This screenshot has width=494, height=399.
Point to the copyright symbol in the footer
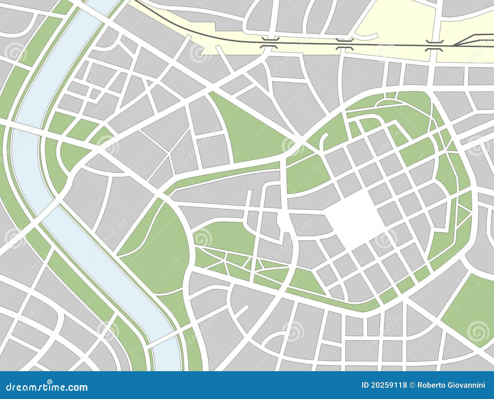coord(412,385)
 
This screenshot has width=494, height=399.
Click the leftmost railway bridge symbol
coord(270,42)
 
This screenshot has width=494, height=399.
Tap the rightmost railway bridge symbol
coord(434,45)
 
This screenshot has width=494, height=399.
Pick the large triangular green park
coord(247,133)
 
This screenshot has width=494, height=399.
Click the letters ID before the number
coord(365,385)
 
